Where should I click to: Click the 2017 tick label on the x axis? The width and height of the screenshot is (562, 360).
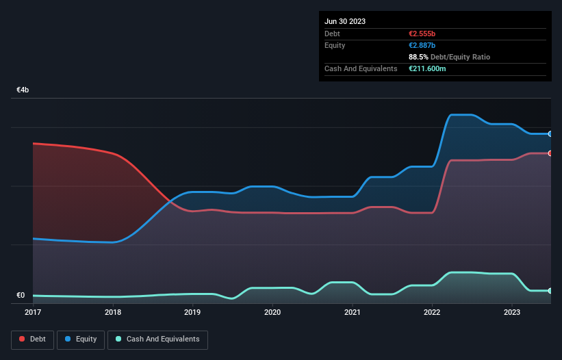pos(33,312)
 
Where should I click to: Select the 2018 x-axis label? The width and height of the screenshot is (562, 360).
pos(113,312)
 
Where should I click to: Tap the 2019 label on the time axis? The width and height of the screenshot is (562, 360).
pos(192,312)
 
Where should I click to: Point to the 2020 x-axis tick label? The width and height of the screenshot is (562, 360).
pos(272,312)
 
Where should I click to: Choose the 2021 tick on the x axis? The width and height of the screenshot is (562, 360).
pos(353,312)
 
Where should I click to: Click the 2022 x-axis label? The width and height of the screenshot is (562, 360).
pos(433,312)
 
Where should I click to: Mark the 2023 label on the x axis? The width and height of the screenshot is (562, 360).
pos(512,312)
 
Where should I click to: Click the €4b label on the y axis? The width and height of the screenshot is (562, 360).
pos(23,90)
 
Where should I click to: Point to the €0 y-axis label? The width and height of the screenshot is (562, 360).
pos(21,296)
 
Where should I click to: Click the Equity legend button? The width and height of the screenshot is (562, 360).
pos(81,339)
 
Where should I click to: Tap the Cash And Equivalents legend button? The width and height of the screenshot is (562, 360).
pos(157,339)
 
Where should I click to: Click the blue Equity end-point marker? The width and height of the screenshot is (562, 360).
pos(550,134)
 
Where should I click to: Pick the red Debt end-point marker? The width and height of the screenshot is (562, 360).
pos(550,153)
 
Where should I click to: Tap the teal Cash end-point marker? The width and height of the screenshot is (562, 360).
pos(550,291)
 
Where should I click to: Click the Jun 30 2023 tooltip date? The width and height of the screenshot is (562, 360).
pos(345,21)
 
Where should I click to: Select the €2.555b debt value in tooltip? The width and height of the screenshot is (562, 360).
pos(424,34)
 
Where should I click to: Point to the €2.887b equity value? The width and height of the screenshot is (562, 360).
pos(424,45)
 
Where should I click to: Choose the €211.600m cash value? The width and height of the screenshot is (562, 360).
pos(428,68)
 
